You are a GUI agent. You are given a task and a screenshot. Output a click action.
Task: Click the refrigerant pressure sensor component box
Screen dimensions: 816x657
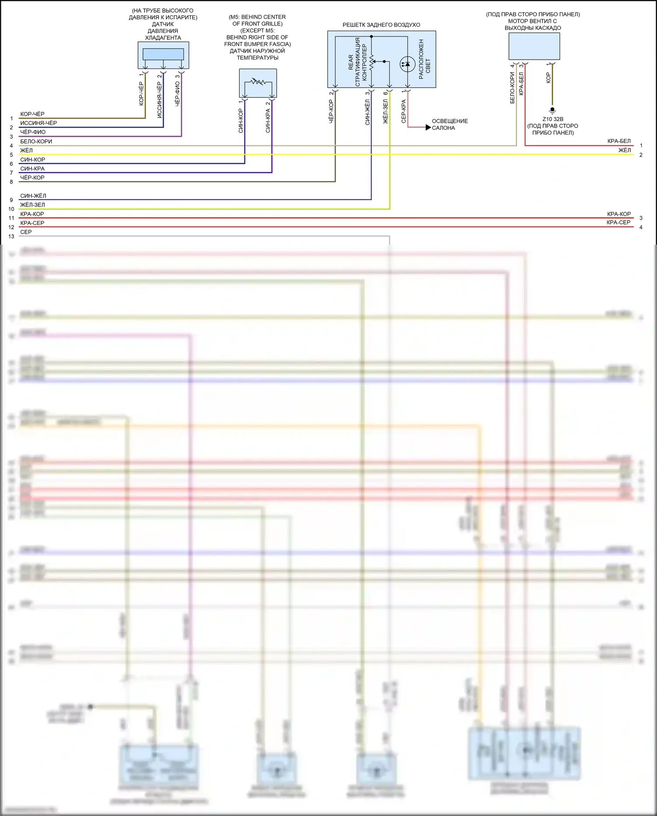(x=163, y=55)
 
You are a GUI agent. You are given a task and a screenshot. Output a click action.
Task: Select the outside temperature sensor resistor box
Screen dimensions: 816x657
(x=258, y=83)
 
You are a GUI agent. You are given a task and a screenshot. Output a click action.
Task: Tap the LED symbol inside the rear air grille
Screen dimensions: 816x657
(x=407, y=64)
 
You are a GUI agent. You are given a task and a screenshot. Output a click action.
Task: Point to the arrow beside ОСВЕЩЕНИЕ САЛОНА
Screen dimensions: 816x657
(x=428, y=128)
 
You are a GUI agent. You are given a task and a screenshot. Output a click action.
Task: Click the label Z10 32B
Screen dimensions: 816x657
(x=553, y=119)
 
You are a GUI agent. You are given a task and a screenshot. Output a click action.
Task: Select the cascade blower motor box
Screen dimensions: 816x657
(x=534, y=46)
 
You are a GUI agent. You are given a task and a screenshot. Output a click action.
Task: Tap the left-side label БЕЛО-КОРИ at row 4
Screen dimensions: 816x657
(x=36, y=142)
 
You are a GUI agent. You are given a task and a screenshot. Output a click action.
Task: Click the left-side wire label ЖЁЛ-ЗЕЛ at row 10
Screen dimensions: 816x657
(x=32, y=205)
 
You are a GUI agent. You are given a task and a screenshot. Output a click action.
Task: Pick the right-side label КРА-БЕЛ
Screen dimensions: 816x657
(x=619, y=141)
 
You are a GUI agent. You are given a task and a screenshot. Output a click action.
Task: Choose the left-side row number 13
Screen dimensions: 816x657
(x=11, y=236)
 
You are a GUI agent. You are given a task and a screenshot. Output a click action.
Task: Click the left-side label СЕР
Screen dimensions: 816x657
(x=26, y=232)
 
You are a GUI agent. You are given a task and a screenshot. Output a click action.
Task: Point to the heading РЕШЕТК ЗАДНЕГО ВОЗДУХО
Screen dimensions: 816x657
(x=381, y=25)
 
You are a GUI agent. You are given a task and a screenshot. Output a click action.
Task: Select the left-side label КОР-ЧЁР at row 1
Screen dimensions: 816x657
(x=32, y=114)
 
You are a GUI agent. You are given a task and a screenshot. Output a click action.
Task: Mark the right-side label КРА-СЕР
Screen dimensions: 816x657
(x=618, y=223)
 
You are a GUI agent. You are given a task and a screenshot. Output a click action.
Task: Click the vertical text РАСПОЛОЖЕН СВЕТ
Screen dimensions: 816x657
(x=424, y=59)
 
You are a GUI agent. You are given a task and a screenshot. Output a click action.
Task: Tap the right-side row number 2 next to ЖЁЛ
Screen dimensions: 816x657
(x=641, y=155)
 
